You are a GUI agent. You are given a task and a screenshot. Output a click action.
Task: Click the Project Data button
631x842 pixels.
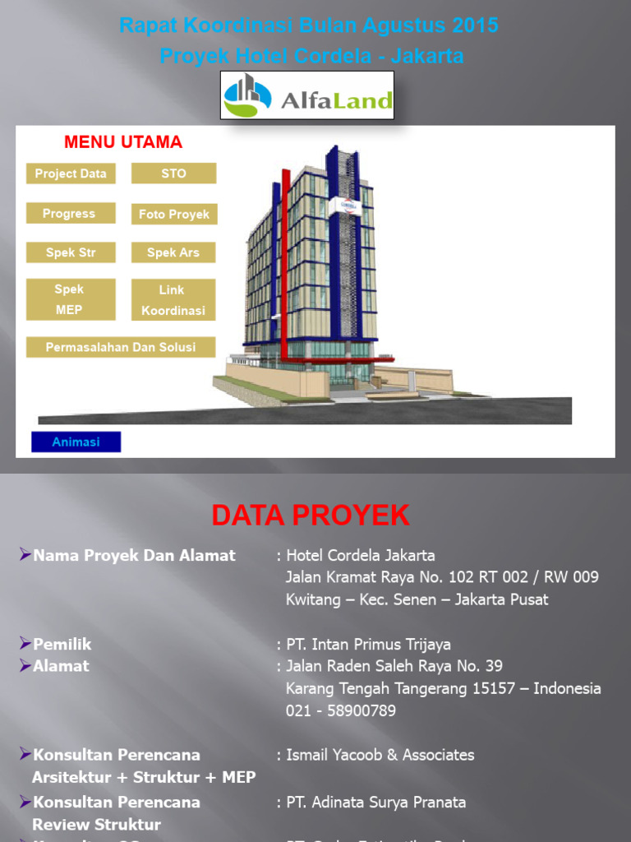71,173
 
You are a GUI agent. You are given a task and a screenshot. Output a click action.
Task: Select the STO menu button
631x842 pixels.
173,173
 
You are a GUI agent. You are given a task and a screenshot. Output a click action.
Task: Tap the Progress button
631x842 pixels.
69,214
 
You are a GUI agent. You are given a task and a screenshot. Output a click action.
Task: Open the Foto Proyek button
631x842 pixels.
173,215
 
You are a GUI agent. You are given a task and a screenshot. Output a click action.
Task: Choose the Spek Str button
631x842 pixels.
71,252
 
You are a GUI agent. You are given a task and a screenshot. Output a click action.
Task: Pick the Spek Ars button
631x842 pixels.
173,252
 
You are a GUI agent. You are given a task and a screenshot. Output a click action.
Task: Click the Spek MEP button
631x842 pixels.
69,299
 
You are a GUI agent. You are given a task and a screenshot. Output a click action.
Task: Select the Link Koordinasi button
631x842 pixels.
173,300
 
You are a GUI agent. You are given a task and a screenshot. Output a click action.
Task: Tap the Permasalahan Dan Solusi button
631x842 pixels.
121,347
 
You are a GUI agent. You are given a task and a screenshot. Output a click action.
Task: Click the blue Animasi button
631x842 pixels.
76,442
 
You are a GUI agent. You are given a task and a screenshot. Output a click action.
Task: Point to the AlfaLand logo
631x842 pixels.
307,96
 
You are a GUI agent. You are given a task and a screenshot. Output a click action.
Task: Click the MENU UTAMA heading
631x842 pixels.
123,142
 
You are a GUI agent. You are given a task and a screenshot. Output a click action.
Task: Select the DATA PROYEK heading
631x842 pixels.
310,515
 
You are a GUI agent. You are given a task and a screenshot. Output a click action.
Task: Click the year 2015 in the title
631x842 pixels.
475,25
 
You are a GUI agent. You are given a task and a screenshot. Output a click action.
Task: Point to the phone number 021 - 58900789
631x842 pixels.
340,710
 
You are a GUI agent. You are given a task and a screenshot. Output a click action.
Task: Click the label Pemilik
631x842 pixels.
62,645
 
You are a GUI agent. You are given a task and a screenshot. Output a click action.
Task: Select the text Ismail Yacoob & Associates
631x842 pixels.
380,755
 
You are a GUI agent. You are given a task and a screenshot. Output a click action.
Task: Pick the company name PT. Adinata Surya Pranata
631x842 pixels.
375,802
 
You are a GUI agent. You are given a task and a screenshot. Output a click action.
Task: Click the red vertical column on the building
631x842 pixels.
285,263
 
